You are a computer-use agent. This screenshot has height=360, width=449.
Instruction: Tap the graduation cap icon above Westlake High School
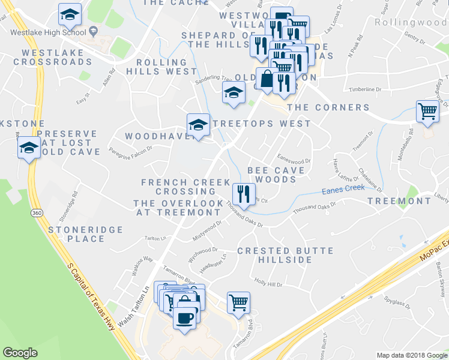click(x=70, y=15)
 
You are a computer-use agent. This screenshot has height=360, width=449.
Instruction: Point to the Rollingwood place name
click(x=411, y=22)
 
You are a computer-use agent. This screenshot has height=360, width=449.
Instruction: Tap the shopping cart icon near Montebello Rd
click(x=427, y=112)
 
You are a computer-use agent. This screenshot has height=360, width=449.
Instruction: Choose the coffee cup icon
click(x=185, y=317)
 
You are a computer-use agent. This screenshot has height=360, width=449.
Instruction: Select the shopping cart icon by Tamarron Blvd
click(x=238, y=303)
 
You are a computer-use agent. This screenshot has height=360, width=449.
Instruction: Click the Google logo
click(x=20, y=353)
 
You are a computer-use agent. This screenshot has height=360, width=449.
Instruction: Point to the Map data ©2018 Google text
click(x=411, y=355)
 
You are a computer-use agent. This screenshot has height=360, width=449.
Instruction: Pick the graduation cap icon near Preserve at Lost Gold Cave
click(x=28, y=148)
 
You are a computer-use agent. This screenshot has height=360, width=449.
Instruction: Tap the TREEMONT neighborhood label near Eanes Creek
click(x=399, y=201)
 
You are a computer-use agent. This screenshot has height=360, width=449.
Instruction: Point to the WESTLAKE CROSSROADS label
click(x=52, y=57)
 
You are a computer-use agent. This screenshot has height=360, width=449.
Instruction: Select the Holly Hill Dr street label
click(x=268, y=281)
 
